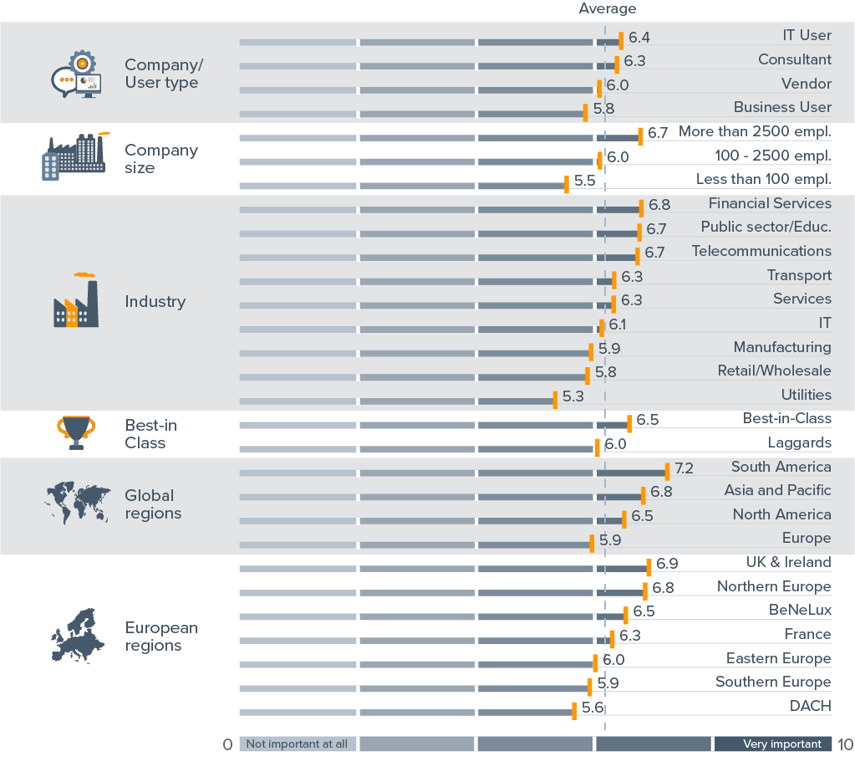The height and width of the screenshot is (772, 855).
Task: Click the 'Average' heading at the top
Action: tap(607, 9)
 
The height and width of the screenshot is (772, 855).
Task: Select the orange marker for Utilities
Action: tap(555, 399)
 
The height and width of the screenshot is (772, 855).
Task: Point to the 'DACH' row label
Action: tap(810, 706)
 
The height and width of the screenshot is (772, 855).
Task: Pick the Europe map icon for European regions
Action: tap(78, 637)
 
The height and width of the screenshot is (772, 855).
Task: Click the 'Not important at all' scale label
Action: tap(297, 744)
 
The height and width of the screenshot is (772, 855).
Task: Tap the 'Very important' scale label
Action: tap(771, 744)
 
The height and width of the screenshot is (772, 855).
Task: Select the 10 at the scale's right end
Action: tap(845, 744)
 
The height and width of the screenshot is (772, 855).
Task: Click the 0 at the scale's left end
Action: tap(227, 744)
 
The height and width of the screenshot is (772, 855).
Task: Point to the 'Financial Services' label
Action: tap(770, 203)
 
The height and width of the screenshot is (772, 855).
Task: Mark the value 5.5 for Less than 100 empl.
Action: tap(584, 180)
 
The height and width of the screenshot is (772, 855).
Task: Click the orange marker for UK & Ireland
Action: tap(649, 568)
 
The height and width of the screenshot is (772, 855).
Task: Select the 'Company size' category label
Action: tap(161, 158)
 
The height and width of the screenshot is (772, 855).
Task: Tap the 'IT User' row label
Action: tap(807, 35)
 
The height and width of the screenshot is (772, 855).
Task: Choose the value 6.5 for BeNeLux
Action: tap(644, 611)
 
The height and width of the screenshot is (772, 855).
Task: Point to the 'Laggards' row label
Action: tap(799, 442)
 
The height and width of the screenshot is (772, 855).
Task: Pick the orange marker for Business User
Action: tap(585, 112)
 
